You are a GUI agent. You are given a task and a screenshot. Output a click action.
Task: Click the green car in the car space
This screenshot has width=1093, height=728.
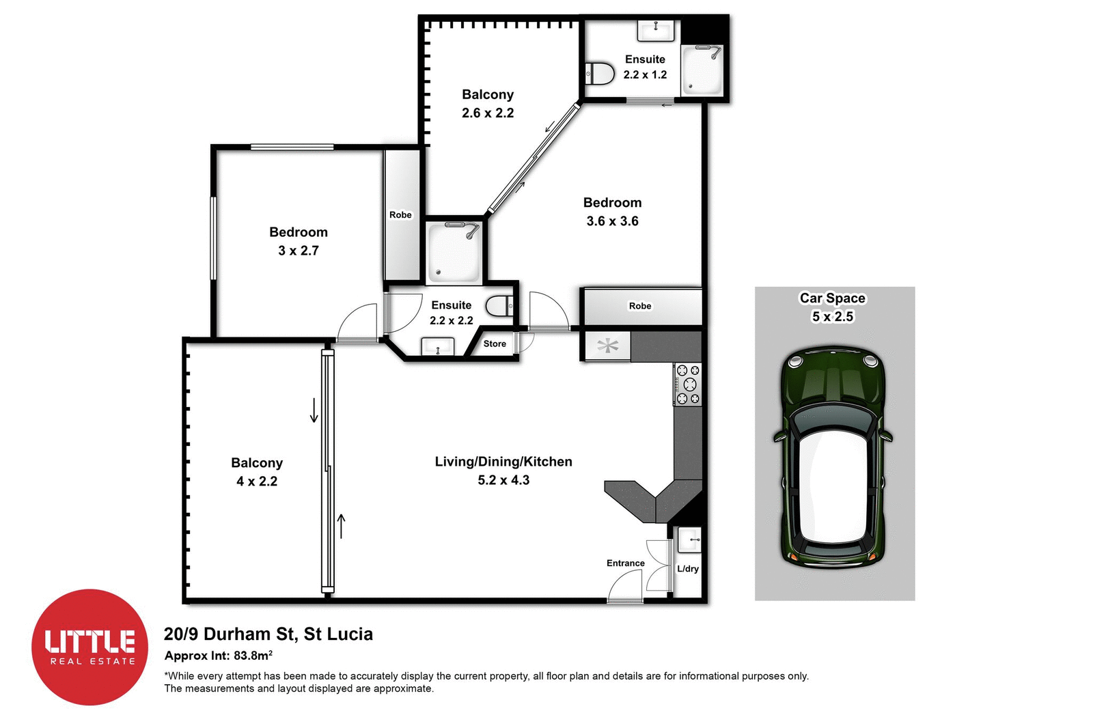coord(833,458)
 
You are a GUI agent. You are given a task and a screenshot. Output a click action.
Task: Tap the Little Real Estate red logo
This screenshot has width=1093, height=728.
coord(90,647)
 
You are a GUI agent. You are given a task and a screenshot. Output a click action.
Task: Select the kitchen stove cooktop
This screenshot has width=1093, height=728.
coord(687,384)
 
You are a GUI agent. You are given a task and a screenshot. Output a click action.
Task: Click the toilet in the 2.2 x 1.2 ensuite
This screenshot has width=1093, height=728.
coord(600,73)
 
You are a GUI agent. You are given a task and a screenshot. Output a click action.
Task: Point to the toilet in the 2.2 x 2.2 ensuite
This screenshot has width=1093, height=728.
coord(499,305)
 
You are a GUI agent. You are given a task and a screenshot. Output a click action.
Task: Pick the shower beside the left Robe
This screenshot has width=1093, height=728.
coord(454,252)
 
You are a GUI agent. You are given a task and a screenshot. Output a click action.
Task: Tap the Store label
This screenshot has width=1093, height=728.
coord(495,344)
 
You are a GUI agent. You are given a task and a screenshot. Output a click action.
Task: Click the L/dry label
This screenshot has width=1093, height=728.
coord(688,568)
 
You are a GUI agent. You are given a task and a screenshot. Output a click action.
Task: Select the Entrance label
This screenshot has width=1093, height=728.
coord(625,563)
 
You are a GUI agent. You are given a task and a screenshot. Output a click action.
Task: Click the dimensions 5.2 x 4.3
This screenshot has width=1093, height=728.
coord(503,480)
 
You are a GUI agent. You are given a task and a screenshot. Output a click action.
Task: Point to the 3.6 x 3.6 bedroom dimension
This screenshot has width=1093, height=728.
coord(612,221)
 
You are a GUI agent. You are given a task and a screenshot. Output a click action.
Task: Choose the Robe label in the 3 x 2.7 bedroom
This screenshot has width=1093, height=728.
coord(400,214)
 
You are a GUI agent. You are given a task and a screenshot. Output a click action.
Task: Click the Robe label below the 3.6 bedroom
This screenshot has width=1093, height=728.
coord(640,306)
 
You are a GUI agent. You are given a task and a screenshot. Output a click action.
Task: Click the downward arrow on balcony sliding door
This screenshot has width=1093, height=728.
coord(314,410)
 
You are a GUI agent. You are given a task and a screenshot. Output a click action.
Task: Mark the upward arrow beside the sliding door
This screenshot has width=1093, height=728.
coord(342,526)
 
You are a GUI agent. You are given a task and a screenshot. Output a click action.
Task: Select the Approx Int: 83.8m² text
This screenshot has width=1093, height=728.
coord(219,656)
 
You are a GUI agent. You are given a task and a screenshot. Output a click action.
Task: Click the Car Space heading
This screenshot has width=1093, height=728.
coord(832,298)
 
